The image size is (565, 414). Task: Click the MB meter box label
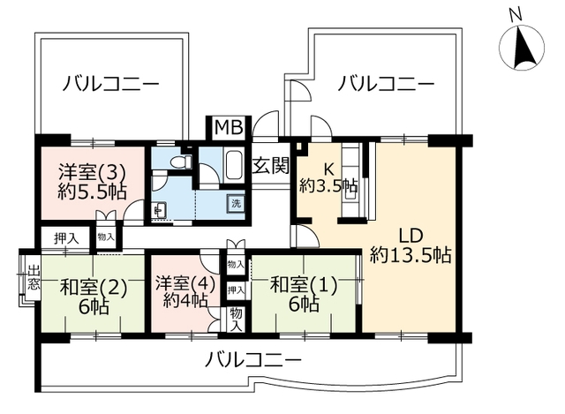(x=229, y=127)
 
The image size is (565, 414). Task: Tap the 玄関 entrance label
(x=271, y=166)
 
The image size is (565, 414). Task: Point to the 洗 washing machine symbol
(x=236, y=204)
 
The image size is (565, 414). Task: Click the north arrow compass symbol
(x=522, y=48)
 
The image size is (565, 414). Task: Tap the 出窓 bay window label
(x=34, y=278)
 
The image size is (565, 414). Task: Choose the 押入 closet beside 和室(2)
(x=66, y=238)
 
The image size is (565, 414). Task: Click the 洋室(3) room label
(x=92, y=173)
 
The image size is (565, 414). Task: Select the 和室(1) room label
(x=304, y=285)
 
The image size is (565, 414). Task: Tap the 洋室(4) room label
(x=185, y=282)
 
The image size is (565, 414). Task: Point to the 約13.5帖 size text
(x=411, y=255)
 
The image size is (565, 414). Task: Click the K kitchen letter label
(x=328, y=168)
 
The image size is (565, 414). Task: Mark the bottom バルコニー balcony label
(x=252, y=360)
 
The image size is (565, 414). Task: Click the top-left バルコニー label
(x=110, y=84)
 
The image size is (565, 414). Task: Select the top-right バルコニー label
(x=386, y=84)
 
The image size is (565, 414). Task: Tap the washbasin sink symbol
(x=159, y=210)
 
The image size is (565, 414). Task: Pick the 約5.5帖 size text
(x=92, y=192)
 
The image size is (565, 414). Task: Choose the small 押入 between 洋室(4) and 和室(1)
(x=236, y=290)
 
